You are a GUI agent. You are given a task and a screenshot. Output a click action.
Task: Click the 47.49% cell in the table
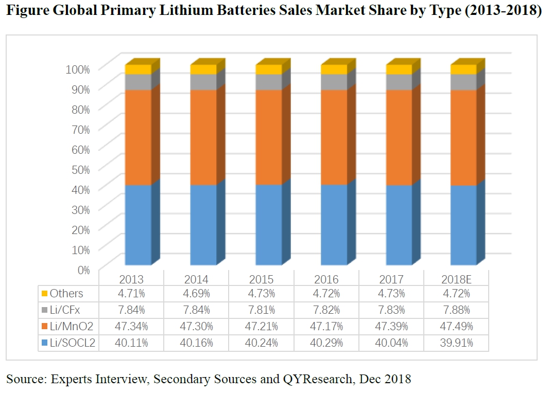[x=457, y=326]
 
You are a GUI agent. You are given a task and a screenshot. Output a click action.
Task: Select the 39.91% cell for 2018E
[x=457, y=343]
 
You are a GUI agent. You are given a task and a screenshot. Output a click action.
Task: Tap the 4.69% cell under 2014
[x=196, y=294]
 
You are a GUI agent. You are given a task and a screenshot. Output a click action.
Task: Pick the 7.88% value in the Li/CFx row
[x=457, y=310]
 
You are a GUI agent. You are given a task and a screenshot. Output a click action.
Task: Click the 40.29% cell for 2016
[x=326, y=343]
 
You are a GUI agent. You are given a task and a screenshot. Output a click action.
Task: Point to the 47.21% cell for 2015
[x=262, y=326]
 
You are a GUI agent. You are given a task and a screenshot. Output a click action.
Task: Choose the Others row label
[x=66, y=294]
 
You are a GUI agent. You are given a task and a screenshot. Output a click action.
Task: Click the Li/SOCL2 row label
[x=73, y=343]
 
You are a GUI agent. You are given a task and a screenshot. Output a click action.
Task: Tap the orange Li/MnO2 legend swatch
[x=44, y=327]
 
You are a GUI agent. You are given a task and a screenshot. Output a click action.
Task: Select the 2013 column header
[x=131, y=279]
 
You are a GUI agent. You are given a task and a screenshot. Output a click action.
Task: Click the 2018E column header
[x=457, y=279]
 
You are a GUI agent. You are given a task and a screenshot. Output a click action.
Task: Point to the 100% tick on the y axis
[x=78, y=69]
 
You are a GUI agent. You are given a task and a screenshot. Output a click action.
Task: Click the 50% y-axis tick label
[x=80, y=169]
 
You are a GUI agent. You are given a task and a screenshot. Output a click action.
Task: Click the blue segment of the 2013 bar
[x=138, y=225]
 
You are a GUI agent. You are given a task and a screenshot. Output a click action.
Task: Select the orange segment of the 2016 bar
[x=334, y=137]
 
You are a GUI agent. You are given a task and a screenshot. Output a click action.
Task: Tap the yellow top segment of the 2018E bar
[x=463, y=69]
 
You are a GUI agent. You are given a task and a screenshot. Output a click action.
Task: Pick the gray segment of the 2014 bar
[x=203, y=82]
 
